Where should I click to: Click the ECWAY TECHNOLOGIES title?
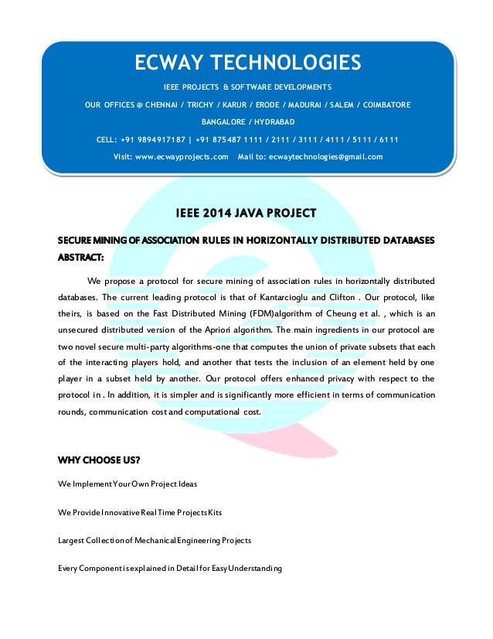(x=246, y=62)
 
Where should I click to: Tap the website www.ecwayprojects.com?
(x=182, y=157)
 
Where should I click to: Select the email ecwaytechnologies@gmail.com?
(x=321, y=157)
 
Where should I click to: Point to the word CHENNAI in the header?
(x=154, y=104)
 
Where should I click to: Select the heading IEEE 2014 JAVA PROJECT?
(x=246, y=213)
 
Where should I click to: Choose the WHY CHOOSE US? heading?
(x=99, y=461)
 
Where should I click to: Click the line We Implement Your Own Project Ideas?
(x=127, y=484)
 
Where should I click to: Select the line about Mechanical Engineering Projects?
(x=155, y=540)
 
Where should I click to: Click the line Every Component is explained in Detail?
(x=170, y=569)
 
